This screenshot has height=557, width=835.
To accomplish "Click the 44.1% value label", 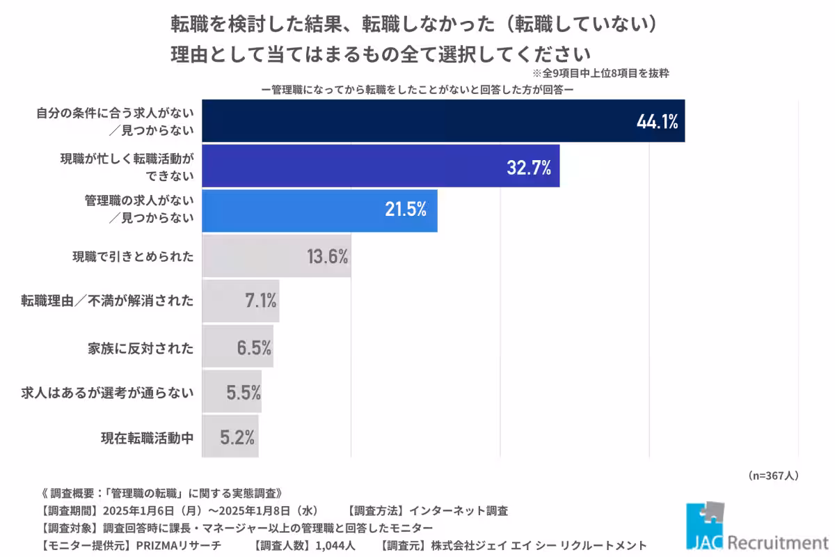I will (x=657, y=123).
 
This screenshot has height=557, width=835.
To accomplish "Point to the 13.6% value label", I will (x=327, y=256).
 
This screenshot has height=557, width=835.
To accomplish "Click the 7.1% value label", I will (x=259, y=301).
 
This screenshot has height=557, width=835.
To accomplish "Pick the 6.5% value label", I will (x=254, y=347).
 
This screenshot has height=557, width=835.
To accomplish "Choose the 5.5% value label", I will (x=243, y=392).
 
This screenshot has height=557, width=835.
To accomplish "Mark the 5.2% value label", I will (x=237, y=437).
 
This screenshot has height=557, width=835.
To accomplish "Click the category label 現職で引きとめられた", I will (x=133, y=256).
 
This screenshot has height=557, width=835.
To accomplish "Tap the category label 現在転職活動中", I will (x=147, y=438).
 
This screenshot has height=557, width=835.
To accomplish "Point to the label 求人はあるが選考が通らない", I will (x=107, y=393).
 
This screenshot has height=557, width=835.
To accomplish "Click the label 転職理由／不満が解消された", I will (x=107, y=301).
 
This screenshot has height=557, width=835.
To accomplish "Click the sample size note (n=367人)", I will (x=773, y=476).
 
